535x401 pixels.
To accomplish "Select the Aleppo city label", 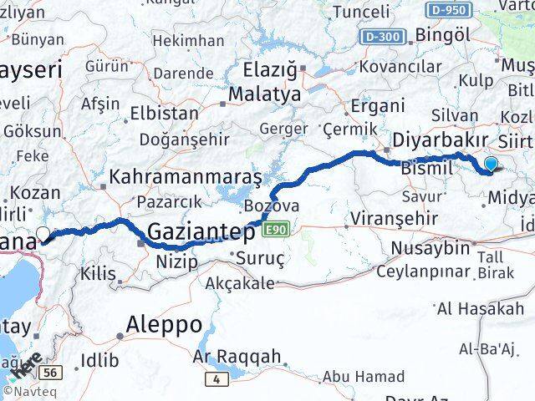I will coord(164,324).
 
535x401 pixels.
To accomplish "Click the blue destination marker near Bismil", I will coord(491,165).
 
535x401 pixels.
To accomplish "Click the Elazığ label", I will coord(270,71).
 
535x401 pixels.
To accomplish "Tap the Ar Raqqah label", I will coord(237,357).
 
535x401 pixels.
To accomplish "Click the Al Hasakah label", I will coord(481,309).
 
